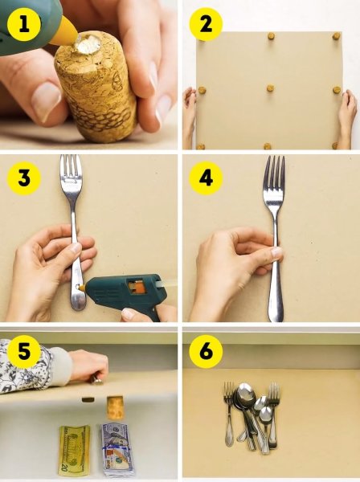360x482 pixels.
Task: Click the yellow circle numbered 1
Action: pyautogui.click(x=24, y=25)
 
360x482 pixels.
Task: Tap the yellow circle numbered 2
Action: pyautogui.click(x=206, y=25)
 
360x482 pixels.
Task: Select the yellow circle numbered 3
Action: pyautogui.click(x=24, y=178)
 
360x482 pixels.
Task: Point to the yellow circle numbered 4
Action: pyautogui.click(x=206, y=178)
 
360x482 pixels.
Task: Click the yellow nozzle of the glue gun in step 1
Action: pyautogui.click(x=65, y=31)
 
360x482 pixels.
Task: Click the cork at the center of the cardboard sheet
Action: pyautogui.click(x=270, y=88)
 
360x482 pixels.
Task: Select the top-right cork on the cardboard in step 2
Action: pyautogui.click(x=336, y=36)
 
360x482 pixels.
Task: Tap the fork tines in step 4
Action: pyautogui.click(x=274, y=168)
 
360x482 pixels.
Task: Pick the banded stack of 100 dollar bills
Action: pyautogui.click(x=116, y=450)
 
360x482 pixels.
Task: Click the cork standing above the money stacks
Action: pyautogui.click(x=115, y=407)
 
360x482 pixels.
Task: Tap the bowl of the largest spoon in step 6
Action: pyautogui.click(x=245, y=394)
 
